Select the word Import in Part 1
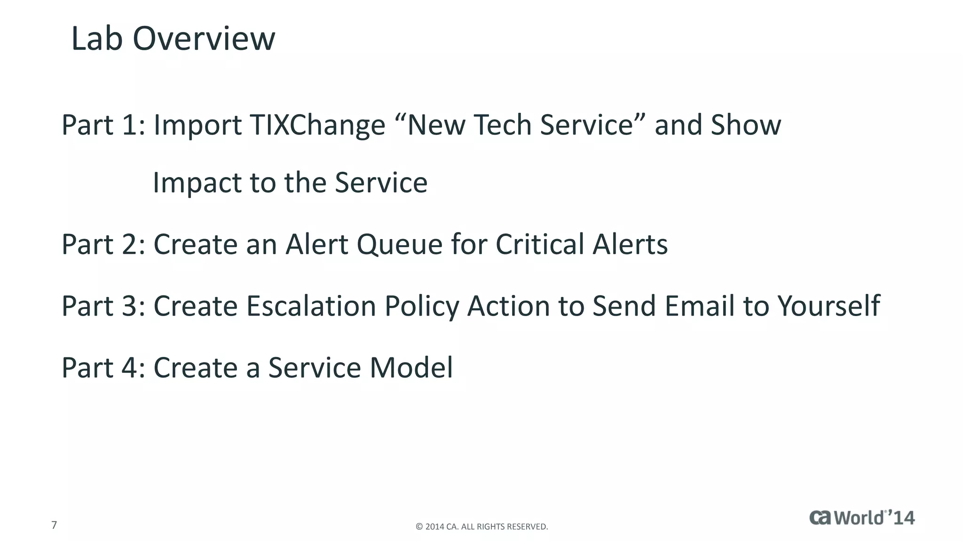[x=197, y=126]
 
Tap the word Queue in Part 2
[x=399, y=245]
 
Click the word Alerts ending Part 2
[x=630, y=244]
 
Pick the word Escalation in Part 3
[x=311, y=306]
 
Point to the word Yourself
[x=829, y=306]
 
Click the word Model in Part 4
[x=411, y=368]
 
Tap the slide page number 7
[x=54, y=525]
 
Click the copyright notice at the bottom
[x=481, y=527]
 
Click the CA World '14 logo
[x=861, y=518]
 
